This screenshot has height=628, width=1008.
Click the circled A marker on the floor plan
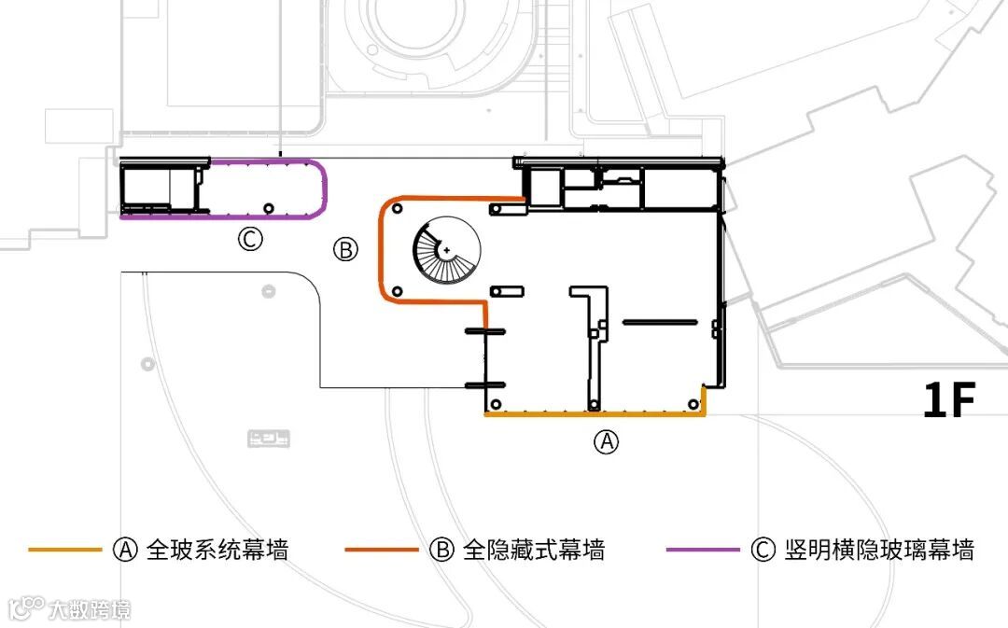click(x=607, y=442)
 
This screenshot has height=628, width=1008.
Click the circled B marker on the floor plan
click(x=346, y=249)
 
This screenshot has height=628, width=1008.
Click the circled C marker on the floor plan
click(x=249, y=240)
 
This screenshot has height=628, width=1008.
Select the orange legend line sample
click(x=64, y=550)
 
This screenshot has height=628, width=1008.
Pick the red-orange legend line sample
click(x=381, y=550)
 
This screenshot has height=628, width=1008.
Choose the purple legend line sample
click(x=702, y=550)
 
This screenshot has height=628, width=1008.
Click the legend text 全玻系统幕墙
click(x=217, y=550)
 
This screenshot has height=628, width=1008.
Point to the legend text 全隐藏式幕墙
click(x=534, y=550)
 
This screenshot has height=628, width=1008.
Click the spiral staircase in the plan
click(x=446, y=252)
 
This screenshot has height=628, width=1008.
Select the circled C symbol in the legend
click(x=762, y=550)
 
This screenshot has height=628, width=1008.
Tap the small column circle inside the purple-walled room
click(x=269, y=207)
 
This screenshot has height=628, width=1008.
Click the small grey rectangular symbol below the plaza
click(x=268, y=436)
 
